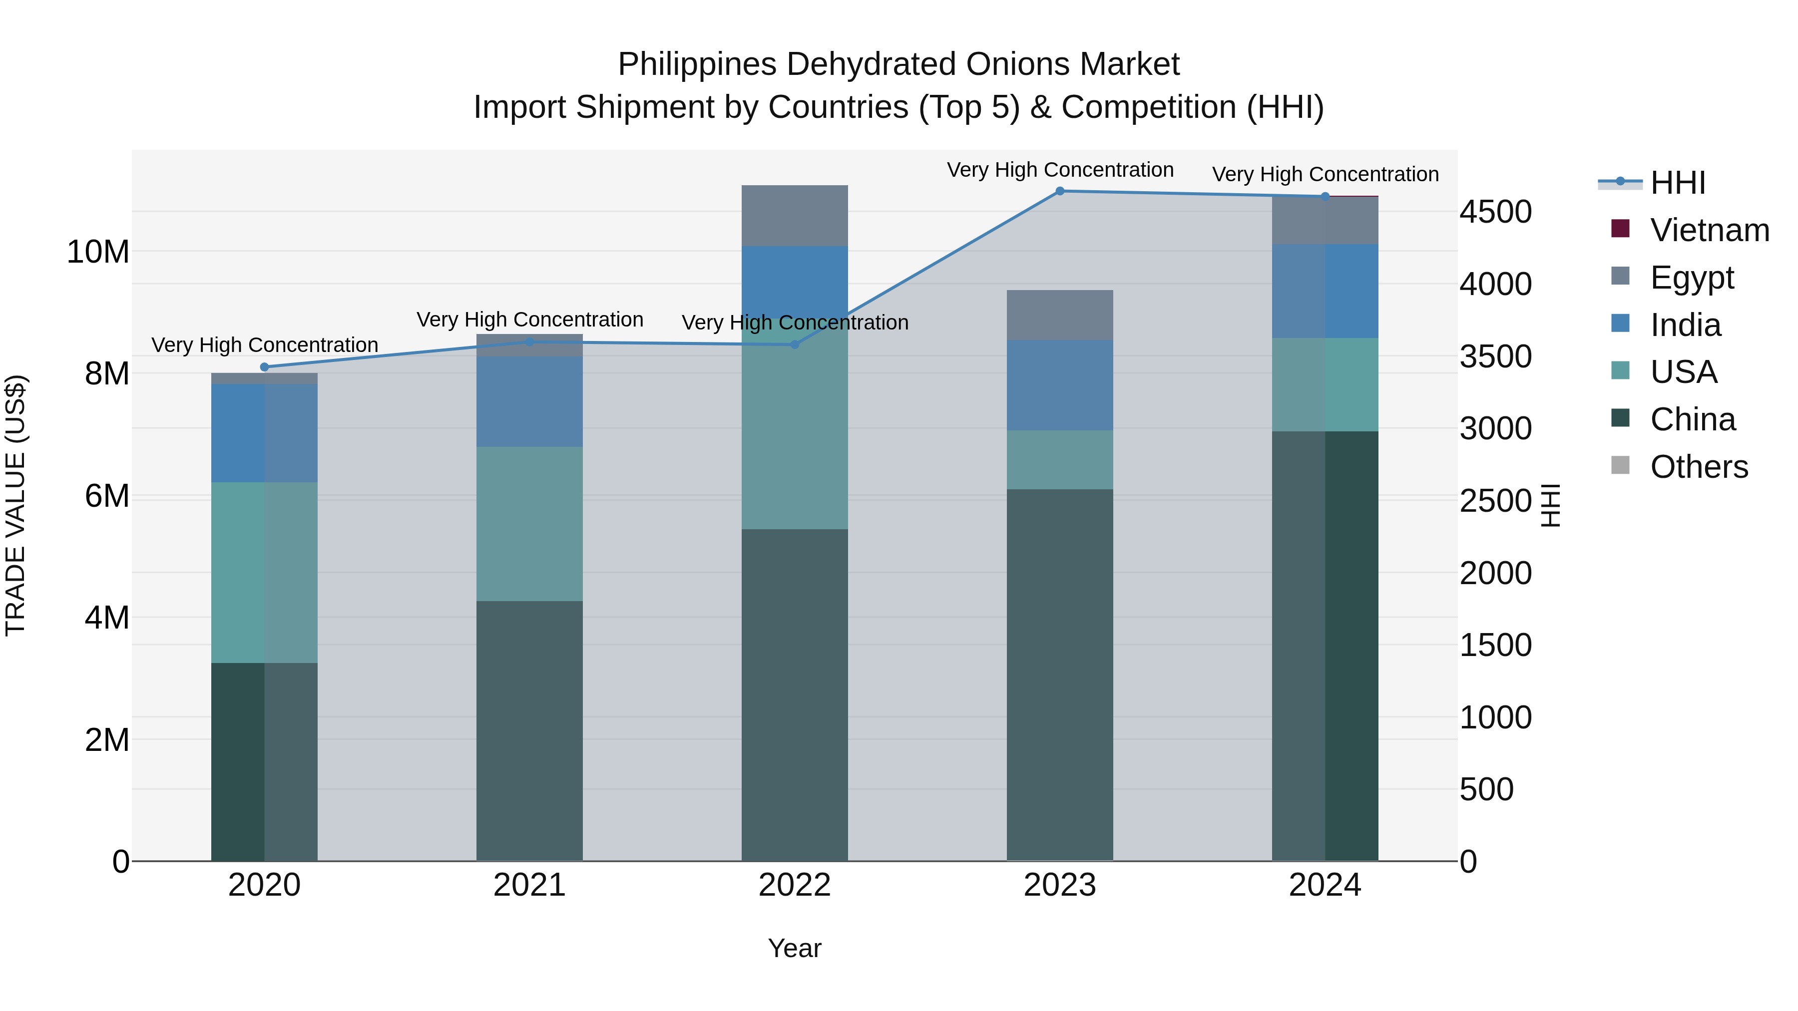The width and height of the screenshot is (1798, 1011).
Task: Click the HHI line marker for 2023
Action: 1059,191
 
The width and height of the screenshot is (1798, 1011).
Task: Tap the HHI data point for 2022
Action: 794,344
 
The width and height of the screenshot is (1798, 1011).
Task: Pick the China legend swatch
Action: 1620,419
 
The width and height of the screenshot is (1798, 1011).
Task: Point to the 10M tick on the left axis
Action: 98,252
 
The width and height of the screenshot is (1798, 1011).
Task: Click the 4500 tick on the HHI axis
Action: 1495,212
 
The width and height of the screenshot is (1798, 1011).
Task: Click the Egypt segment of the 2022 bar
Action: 794,216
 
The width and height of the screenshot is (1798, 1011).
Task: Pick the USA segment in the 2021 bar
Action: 529,523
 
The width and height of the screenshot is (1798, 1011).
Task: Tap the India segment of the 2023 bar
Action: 1059,384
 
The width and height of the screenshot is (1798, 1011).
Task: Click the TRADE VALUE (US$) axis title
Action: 15,505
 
